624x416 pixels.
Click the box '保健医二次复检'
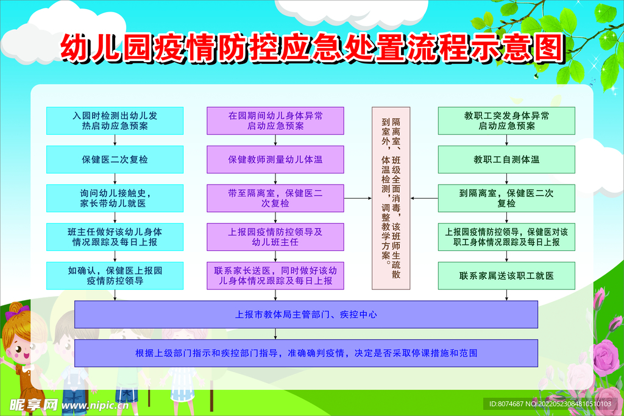pyautogui.click(x=115, y=160)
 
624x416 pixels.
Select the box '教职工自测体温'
pyautogui.click(x=506, y=160)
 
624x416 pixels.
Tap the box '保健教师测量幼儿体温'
pyautogui.click(x=275, y=160)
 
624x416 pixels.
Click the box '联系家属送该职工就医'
pyautogui.click(x=506, y=276)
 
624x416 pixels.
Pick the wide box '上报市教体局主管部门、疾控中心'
pyautogui.click(x=306, y=314)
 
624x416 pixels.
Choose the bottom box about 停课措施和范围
pyautogui.click(x=306, y=353)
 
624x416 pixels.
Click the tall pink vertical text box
pyautogui.click(x=391, y=198)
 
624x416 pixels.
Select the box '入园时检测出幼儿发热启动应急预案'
pyautogui.click(x=115, y=121)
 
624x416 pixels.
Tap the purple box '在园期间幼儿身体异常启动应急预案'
pyautogui.click(x=275, y=121)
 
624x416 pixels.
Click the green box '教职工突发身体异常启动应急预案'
pyautogui.click(x=506, y=121)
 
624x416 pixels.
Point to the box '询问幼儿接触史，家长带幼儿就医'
pyautogui.click(x=115, y=198)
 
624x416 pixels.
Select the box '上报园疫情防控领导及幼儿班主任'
pyautogui.click(x=275, y=237)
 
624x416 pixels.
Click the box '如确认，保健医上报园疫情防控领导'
pyautogui.click(x=115, y=276)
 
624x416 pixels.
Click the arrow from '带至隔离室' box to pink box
pyautogui.click(x=358, y=198)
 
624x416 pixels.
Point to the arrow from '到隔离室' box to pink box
pyautogui.click(x=424, y=198)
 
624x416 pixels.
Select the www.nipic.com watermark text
pyautogui.click(x=95, y=406)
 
